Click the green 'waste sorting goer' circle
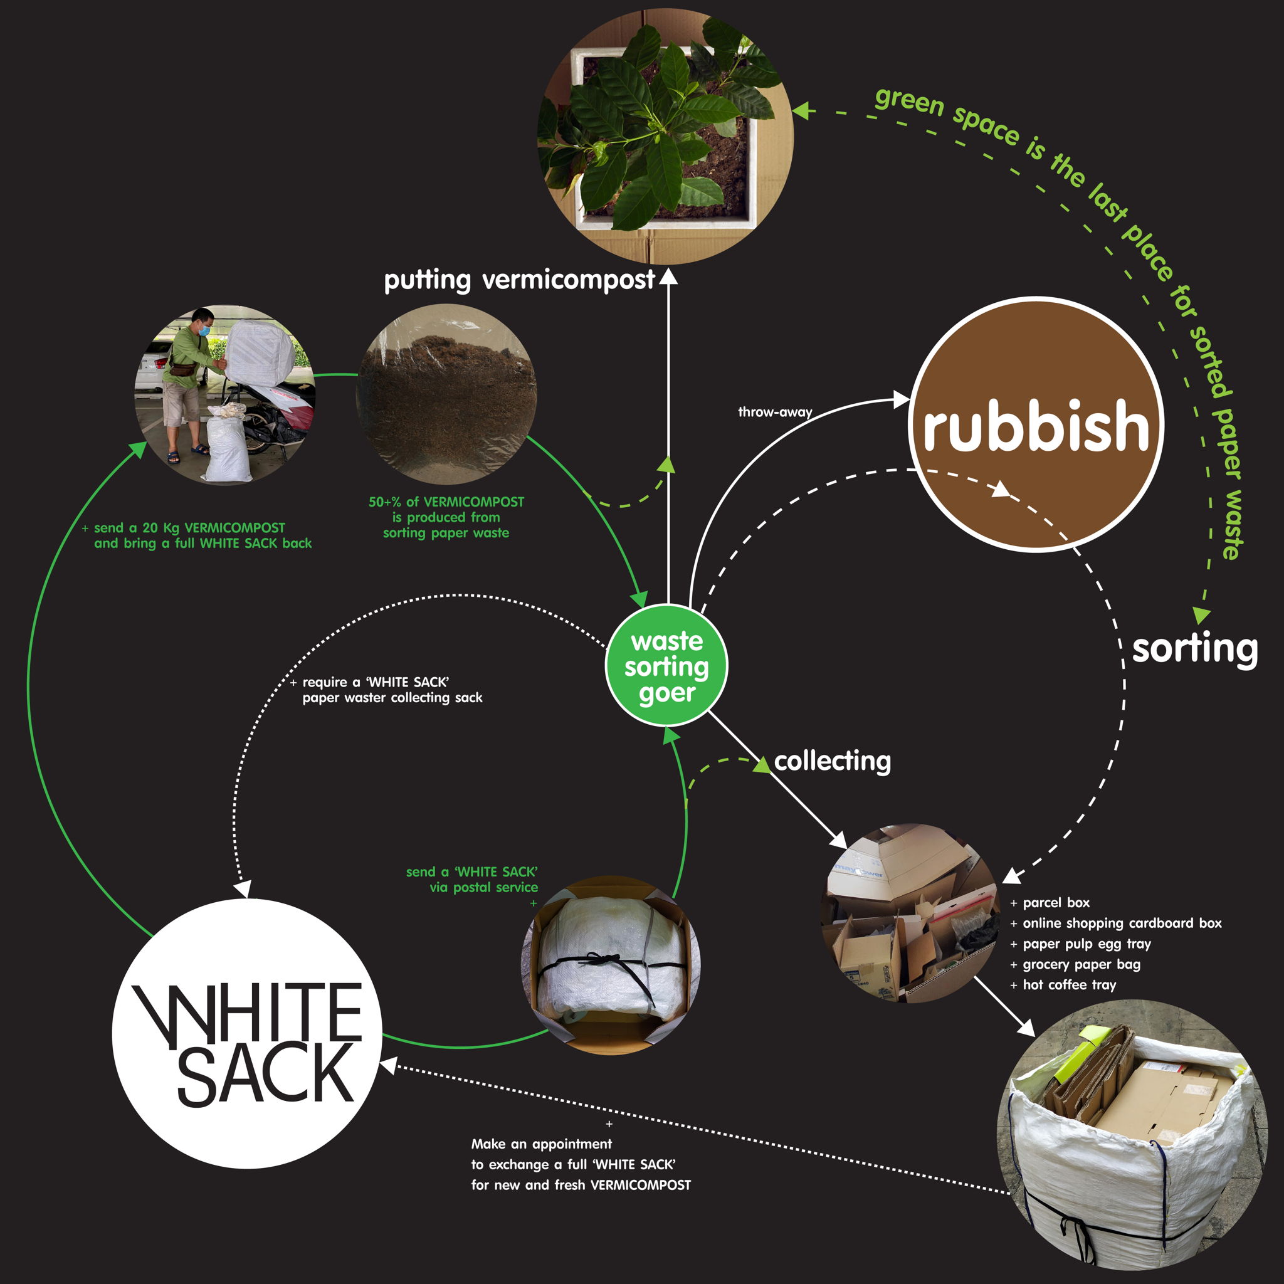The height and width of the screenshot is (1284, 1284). pos(666,666)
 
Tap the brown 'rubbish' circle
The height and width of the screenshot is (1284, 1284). pos(1036,424)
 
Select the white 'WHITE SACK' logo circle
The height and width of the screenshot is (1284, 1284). pos(247,1033)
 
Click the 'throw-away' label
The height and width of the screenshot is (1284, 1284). pos(775,412)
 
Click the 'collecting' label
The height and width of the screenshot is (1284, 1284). pos(832,761)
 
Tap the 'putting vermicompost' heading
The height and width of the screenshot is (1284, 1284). pos(519,280)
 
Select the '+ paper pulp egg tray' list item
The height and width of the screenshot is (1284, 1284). pos(1081,944)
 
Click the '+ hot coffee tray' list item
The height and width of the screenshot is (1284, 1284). pos(1063,985)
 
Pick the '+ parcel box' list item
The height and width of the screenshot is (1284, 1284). pos(1050,903)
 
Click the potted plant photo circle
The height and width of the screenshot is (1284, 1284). pos(665,136)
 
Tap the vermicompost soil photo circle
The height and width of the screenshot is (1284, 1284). pos(446,394)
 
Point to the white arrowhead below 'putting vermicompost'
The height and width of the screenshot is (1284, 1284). pos(668,276)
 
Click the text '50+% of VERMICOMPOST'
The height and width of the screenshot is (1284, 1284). pos(446,502)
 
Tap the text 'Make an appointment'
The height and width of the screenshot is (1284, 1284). pos(542,1144)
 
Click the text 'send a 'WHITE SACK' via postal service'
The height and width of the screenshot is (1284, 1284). pos(472,879)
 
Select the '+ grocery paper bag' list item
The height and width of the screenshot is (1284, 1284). pos(1075,964)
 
